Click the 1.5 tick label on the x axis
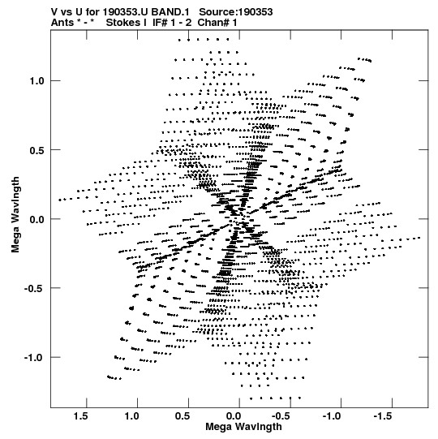pyautogui.click(x=80, y=416)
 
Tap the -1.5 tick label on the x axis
pyautogui.click(x=382, y=416)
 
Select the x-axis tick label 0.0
pyautogui.click(x=234, y=416)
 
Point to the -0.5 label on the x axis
pyautogui.click(x=281, y=416)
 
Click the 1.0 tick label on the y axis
pyautogui.click(x=37, y=81)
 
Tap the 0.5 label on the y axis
pyautogui.click(x=37, y=150)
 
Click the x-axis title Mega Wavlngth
pyautogui.click(x=243, y=427)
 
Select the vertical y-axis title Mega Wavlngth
pyautogui.click(x=15, y=214)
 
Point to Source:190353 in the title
pyautogui.click(x=236, y=12)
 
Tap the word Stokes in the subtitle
pyautogui.click(x=126, y=23)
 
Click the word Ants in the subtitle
pyautogui.click(x=62, y=23)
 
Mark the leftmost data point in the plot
pyautogui.click(x=59, y=200)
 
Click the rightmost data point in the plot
pyautogui.click(x=419, y=238)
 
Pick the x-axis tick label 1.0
pyautogui.click(x=131, y=416)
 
